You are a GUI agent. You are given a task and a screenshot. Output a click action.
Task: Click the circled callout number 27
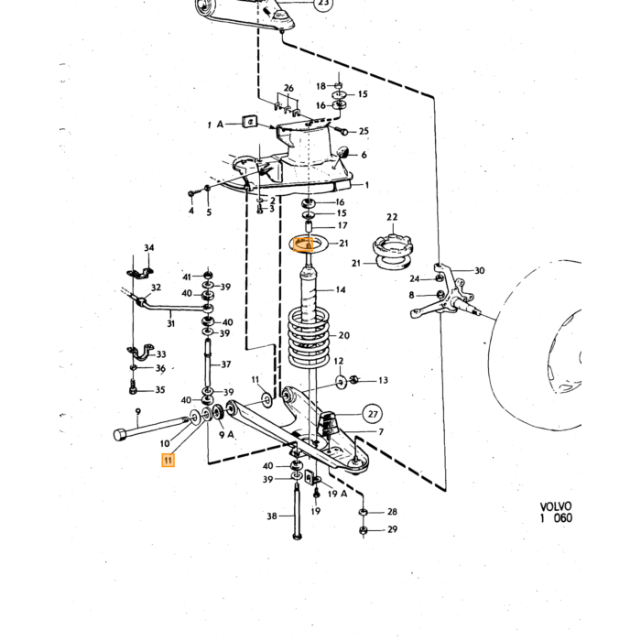click(373, 414)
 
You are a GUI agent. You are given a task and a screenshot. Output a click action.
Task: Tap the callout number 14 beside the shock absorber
click(341, 290)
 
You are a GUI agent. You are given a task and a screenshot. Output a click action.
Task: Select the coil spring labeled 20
click(310, 337)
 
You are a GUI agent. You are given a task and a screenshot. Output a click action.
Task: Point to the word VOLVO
click(556, 507)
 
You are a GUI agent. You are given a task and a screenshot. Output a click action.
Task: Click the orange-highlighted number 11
click(168, 461)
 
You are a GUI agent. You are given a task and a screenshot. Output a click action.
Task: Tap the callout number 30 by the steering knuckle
click(480, 271)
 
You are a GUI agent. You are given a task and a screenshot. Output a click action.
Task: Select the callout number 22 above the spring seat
click(392, 217)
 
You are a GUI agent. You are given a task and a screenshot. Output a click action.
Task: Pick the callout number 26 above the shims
click(288, 88)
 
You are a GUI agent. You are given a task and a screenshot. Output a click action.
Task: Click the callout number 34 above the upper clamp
click(148, 248)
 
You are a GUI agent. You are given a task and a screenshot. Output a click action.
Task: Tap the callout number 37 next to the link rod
click(226, 364)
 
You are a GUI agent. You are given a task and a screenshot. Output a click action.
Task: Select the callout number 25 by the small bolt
click(364, 131)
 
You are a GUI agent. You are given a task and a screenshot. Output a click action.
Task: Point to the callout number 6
click(364, 155)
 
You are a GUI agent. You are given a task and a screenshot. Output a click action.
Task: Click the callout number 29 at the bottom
click(393, 529)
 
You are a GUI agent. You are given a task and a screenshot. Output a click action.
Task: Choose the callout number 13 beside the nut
click(383, 381)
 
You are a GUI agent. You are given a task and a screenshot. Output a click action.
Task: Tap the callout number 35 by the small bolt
click(160, 390)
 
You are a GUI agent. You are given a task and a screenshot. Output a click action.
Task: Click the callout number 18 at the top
click(320, 86)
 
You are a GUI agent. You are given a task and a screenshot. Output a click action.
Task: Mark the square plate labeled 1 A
click(249, 122)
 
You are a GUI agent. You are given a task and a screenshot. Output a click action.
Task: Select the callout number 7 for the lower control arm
click(381, 431)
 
